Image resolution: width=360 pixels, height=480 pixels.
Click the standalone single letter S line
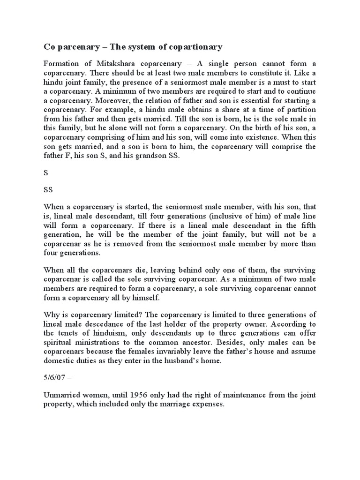tap(46, 173)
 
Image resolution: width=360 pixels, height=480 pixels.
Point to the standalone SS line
tap(48, 190)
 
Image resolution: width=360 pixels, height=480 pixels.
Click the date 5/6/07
tap(56, 377)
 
